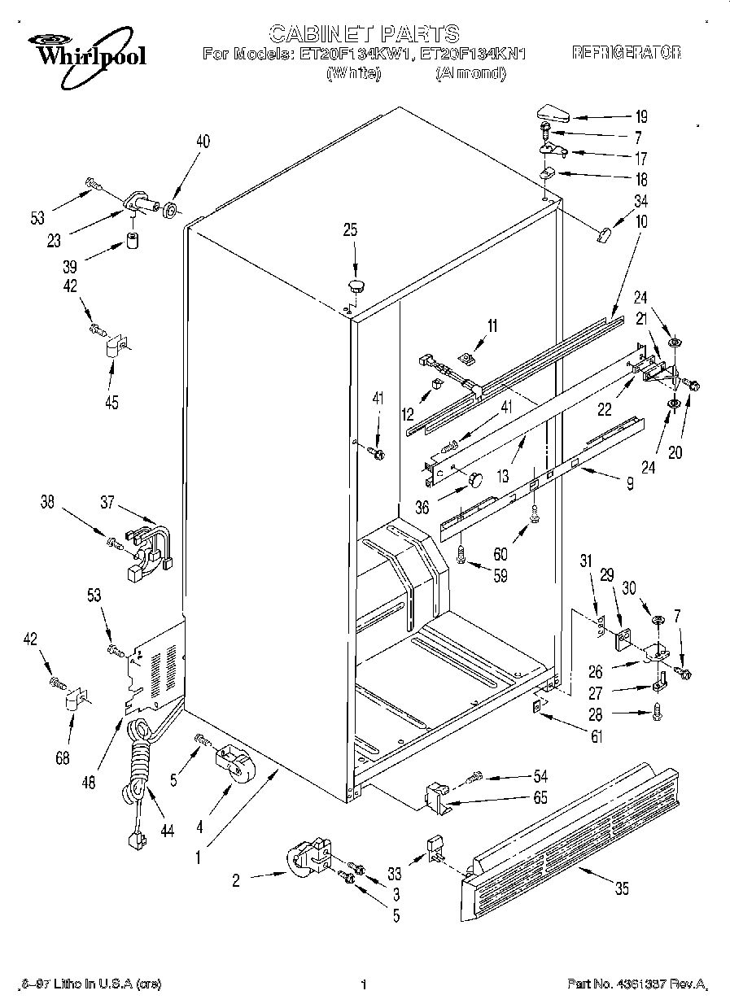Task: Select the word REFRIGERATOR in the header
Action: (x=627, y=54)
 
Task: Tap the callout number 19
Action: (x=640, y=116)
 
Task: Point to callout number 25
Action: (x=349, y=230)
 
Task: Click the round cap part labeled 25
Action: (x=356, y=284)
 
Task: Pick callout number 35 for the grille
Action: (x=622, y=889)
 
